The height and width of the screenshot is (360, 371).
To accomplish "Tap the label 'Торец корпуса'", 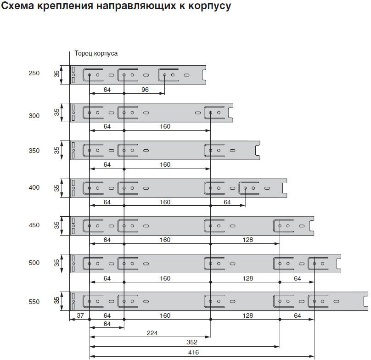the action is (96, 53).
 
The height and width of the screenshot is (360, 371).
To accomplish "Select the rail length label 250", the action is (34, 73).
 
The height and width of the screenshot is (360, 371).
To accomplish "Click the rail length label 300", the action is (34, 116).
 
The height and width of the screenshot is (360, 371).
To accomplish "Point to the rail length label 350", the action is (34, 151).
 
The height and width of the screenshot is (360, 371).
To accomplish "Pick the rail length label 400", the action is (34, 188).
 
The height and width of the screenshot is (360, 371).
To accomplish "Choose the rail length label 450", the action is (34, 225).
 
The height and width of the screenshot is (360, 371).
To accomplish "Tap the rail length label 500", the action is (34, 263).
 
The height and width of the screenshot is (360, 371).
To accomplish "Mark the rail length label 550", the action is (34, 302).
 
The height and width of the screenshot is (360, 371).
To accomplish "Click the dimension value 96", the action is (145, 90).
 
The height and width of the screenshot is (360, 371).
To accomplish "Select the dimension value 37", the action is (79, 316).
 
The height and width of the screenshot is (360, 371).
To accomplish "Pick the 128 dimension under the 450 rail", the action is (248, 240).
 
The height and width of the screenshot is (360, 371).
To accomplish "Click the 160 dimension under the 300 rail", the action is (165, 127).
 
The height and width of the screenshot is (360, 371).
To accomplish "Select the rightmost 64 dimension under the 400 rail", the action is (227, 202).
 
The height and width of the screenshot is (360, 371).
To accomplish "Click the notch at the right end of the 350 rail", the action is (258, 150).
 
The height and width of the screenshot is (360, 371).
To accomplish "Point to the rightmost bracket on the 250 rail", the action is (168, 75).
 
